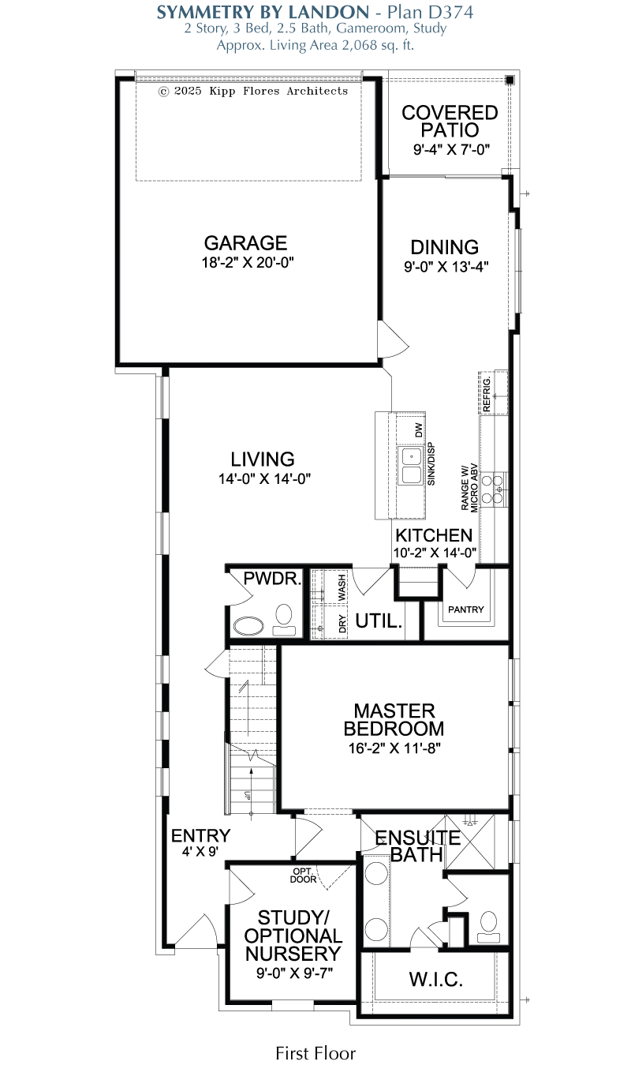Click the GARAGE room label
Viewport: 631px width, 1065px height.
click(245, 243)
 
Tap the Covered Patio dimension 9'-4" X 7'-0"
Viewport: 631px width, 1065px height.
click(451, 150)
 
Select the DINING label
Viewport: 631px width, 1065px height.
click(444, 247)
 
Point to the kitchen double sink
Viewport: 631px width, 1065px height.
click(410, 465)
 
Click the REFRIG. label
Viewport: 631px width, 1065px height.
click(486, 394)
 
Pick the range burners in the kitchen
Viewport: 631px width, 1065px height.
click(493, 489)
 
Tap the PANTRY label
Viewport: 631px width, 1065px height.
click(465, 609)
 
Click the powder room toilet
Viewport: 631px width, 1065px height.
click(284, 620)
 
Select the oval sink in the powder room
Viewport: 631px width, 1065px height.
click(248, 626)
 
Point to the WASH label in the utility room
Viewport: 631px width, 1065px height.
click(342, 587)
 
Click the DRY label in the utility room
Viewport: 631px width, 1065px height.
click(342, 624)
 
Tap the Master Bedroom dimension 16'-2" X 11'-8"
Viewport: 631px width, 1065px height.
click(394, 748)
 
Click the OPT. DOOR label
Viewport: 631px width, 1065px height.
click(303, 876)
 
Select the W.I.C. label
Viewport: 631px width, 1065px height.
click(435, 980)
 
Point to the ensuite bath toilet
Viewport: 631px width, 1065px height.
click(488, 928)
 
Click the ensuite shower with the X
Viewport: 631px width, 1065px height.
click(470, 842)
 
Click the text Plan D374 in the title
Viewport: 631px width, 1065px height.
click(431, 13)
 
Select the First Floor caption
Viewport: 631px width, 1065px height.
click(315, 1053)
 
